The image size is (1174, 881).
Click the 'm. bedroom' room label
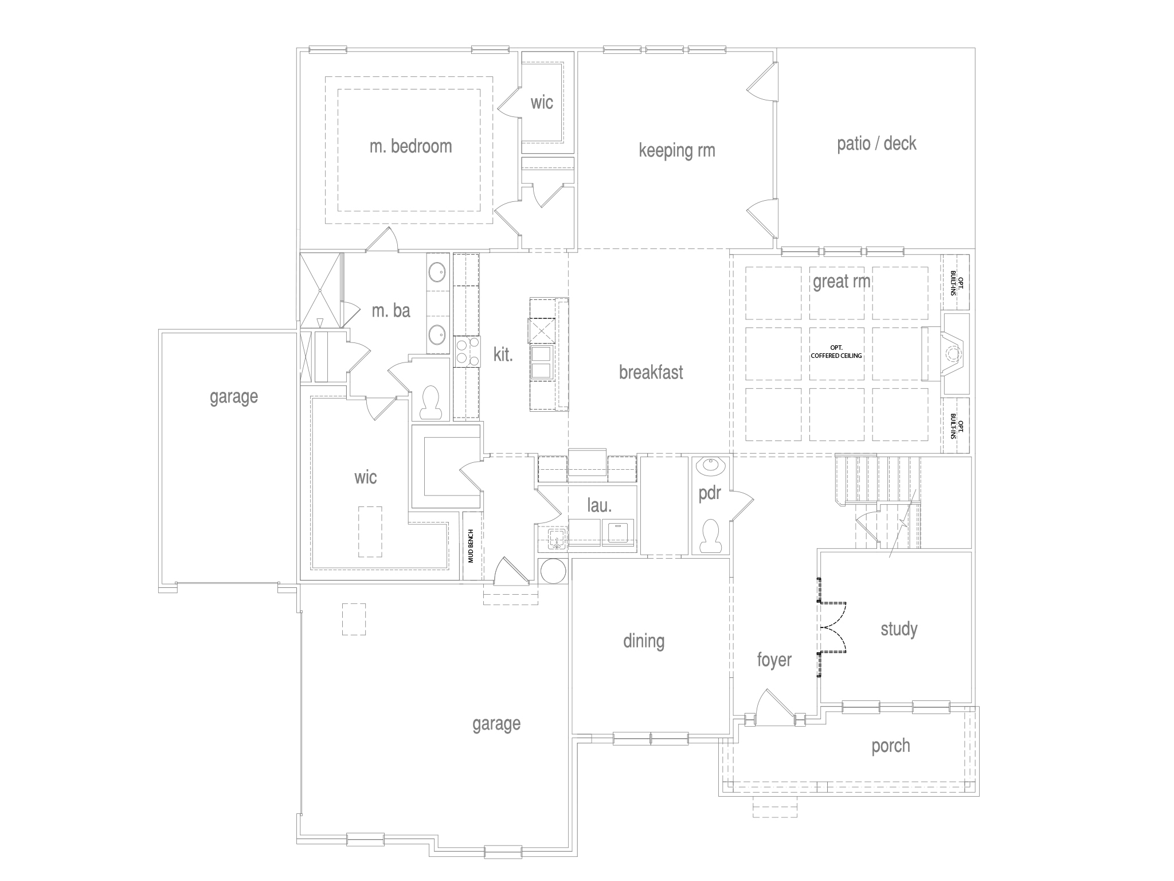[x=410, y=146]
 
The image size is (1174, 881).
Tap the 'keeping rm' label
[x=677, y=151]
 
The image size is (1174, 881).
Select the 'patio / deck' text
[x=876, y=143]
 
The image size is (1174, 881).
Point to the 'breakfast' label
[x=651, y=372]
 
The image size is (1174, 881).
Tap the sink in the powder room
[x=711, y=465]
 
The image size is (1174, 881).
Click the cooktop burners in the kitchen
[x=467, y=352]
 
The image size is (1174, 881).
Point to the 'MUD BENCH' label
[x=471, y=545]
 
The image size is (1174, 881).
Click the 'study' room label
[x=899, y=629]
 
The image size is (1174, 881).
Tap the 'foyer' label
[x=774, y=660]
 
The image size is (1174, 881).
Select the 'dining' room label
[x=644, y=641]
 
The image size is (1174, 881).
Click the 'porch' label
[x=891, y=746]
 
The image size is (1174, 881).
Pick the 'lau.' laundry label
[x=600, y=505]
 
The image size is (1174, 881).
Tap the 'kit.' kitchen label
[x=503, y=354]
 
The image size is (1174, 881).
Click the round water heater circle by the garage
[x=554, y=571]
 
